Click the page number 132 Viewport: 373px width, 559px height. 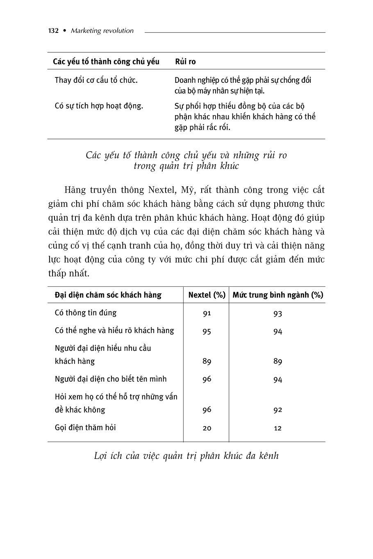point(53,31)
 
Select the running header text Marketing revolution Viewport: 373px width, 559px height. point(102,31)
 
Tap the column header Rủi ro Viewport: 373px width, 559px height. point(185,62)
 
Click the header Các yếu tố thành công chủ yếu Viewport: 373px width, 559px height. point(106,62)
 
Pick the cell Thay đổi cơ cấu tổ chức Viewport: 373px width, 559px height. point(96,80)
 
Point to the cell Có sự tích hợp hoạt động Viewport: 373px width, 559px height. point(99,106)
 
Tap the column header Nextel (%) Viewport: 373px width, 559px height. point(207,295)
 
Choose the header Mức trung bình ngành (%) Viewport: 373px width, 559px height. point(277,295)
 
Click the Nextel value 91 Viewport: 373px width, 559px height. point(207,313)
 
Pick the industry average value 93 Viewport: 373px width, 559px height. point(277,314)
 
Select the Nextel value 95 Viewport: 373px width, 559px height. point(207,331)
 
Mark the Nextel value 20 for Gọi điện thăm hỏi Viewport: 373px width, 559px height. point(207,428)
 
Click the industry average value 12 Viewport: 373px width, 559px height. point(277,428)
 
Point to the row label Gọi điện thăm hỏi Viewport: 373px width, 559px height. point(85,427)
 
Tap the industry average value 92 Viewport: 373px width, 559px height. point(277,410)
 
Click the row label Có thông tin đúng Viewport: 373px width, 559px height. point(86,313)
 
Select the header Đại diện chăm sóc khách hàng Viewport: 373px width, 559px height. point(108,295)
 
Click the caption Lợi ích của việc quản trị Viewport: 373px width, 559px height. point(186,456)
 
